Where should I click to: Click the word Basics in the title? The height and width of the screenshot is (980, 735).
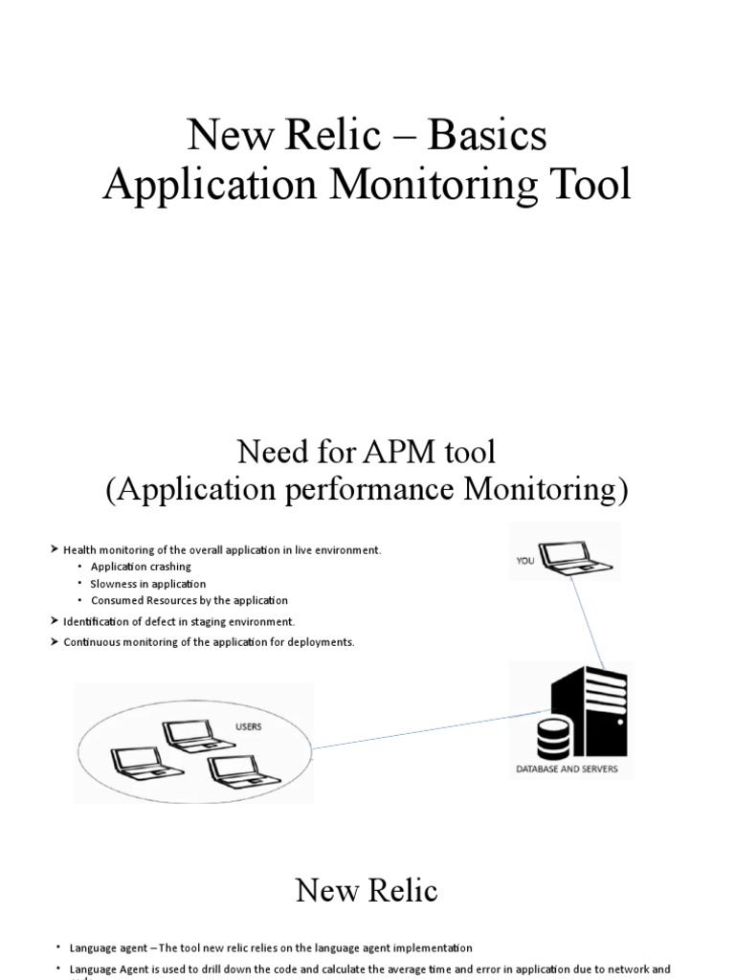[487, 136]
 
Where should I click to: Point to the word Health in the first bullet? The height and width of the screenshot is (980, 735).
[79, 550]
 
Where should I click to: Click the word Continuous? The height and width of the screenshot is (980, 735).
[91, 642]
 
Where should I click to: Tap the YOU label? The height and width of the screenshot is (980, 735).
[525, 562]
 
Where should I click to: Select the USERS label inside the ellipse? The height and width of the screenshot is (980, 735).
[248, 727]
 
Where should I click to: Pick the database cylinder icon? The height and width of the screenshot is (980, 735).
[553, 738]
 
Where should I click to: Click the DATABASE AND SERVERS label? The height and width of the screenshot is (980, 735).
[568, 769]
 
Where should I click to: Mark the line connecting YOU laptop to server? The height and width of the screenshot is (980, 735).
[591, 622]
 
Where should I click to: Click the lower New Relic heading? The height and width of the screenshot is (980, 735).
[367, 891]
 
